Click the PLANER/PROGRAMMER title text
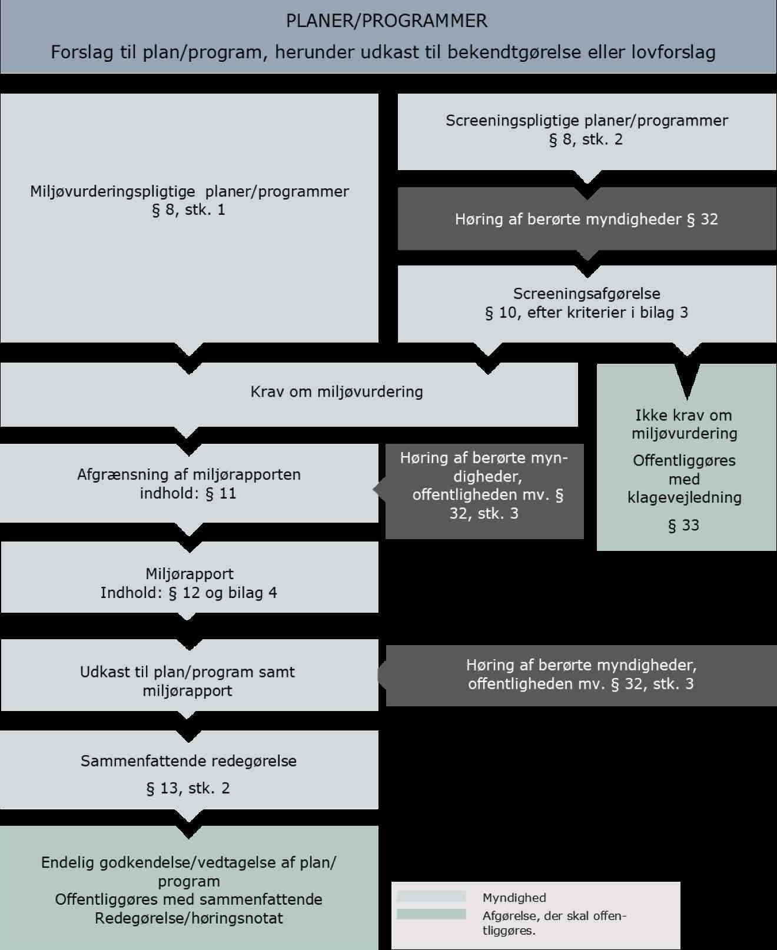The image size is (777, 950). pyautogui.click(x=386, y=21)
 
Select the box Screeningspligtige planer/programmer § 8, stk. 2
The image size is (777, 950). pyautogui.click(x=586, y=130)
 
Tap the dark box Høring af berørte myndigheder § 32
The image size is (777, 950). pyautogui.click(x=586, y=219)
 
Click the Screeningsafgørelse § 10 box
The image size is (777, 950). pyautogui.click(x=586, y=303)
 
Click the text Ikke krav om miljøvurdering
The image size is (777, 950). pyautogui.click(x=684, y=424)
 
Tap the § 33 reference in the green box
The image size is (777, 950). pyautogui.click(x=684, y=525)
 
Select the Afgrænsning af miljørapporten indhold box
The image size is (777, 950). pyautogui.click(x=189, y=483)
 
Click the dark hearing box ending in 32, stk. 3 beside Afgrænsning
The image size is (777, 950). pyautogui.click(x=484, y=486)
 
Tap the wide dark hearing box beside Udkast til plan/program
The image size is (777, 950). pyautogui.click(x=581, y=675)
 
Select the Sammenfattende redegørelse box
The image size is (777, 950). pyautogui.click(x=189, y=761)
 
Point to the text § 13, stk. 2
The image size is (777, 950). pyautogui.click(x=188, y=788)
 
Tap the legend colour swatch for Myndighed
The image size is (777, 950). pyautogui.click(x=431, y=897)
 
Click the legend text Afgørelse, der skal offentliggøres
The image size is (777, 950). pyautogui.click(x=554, y=923)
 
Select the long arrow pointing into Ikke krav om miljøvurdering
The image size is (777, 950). pyautogui.click(x=686, y=377)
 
